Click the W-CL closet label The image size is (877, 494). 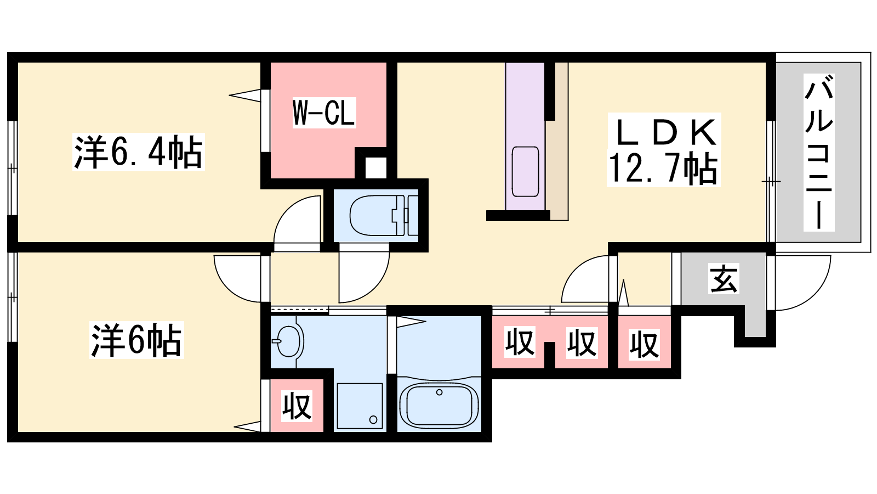(324, 113)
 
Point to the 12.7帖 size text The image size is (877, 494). (664, 169)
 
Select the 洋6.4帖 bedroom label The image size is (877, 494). (138, 152)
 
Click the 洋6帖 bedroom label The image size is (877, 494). (136, 340)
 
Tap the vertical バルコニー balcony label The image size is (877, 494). (819, 153)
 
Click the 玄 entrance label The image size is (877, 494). (724, 278)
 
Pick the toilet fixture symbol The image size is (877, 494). (384, 215)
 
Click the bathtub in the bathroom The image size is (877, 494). (439, 406)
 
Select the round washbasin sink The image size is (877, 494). (288, 341)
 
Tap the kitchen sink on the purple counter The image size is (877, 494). (525, 171)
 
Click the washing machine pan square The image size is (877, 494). (360, 406)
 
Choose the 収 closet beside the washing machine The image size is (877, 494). (297, 406)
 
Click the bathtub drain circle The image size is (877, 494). (439, 392)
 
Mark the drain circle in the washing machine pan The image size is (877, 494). (373, 420)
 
